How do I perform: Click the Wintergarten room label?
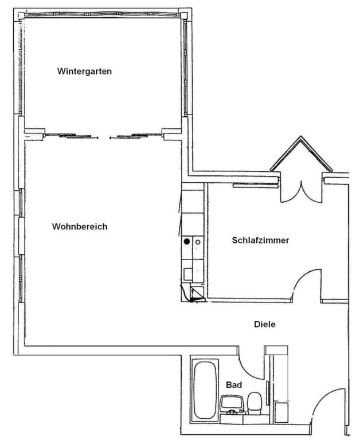(84, 71)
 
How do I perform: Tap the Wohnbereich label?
(80, 226)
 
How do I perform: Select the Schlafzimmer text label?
(261, 240)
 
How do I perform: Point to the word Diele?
(265, 324)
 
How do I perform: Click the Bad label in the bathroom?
(234, 385)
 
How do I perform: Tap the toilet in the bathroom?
(255, 403)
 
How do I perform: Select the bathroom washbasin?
(232, 404)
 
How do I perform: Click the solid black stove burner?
(187, 241)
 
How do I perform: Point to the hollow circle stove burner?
(198, 242)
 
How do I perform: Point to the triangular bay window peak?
(301, 137)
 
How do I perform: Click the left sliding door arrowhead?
(97, 137)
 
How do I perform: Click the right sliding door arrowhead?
(111, 137)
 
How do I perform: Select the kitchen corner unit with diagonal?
(197, 294)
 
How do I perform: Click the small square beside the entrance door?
(281, 412)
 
